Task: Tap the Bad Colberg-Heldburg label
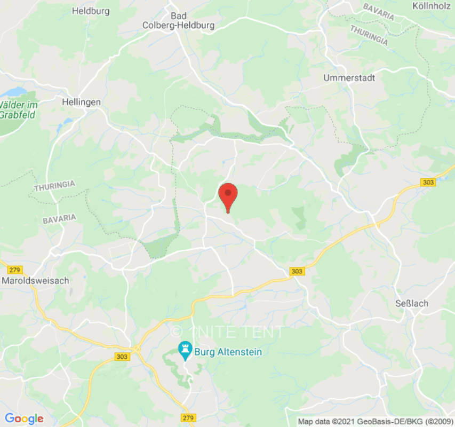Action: pyautogui.click(x=178, y=20)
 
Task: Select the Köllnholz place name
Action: pyautogui.click(x=433, y=6)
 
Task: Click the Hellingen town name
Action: pyautogui.click(x=81, y=101)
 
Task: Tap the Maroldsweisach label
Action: pyautogui.click(x=35, y=280)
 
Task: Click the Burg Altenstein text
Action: pyautogui.click(x=228, y=352)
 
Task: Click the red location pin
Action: pyautogui.click(x=228, y=195)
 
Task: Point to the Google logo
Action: pyautogui.click(x=23, y=418)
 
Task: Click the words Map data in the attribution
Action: pyautogui.click(x=314, y=422)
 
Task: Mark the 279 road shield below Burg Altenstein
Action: pyautogui.click(x=187, y=417)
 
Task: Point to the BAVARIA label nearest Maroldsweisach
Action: pyautogui.click(x=59, y=218)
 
